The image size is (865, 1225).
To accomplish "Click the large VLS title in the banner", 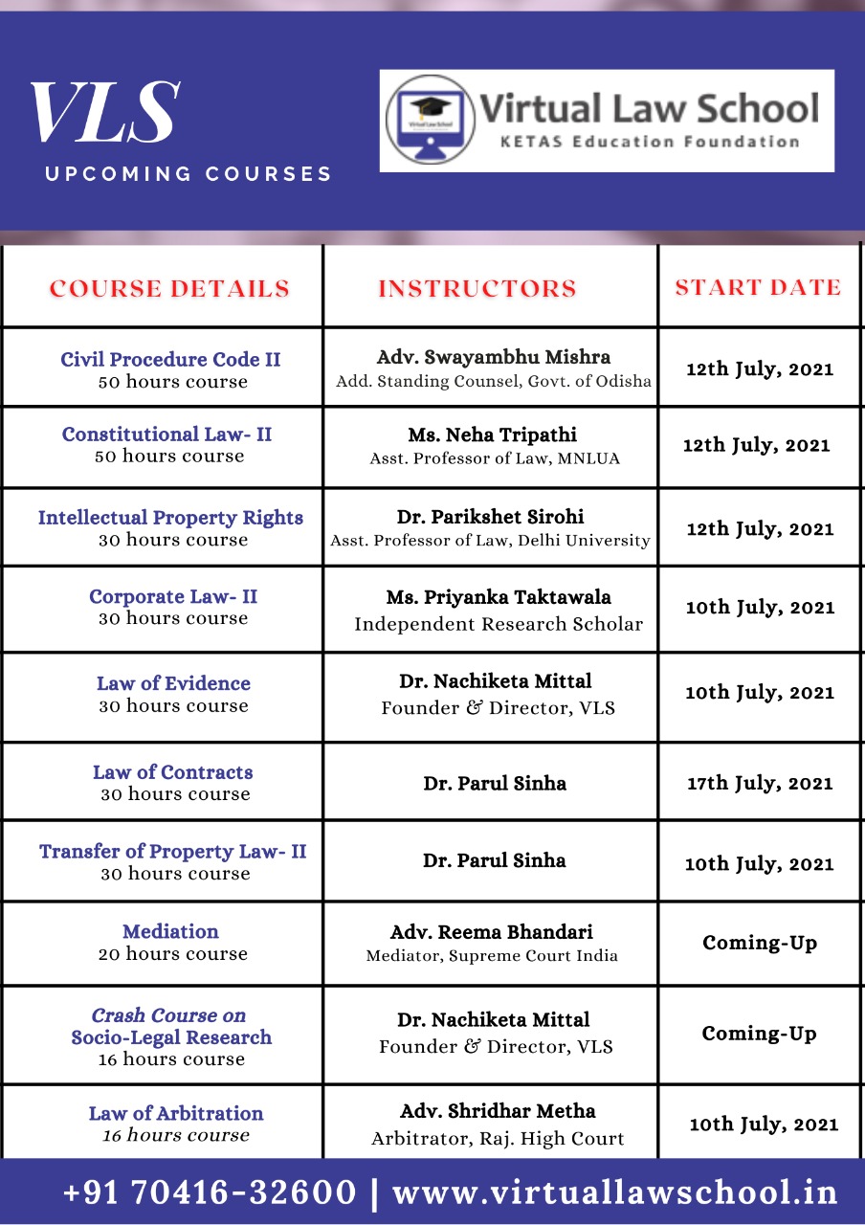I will pos(104,114).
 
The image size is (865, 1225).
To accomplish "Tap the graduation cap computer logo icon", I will pos(430,121).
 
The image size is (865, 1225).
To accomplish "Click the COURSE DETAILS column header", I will pos(169,288).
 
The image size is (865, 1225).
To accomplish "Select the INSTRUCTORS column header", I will pos(477,288).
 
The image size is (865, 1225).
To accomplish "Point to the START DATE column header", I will pos(758,287).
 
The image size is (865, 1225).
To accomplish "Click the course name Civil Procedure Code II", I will pos(170,360).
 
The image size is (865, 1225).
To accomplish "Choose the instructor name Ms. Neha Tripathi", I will pos(493,434).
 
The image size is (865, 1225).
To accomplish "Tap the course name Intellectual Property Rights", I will pos(170,518).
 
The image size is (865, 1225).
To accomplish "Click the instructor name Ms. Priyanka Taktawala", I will pos(499,597).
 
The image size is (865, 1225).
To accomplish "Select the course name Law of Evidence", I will pos(173,683).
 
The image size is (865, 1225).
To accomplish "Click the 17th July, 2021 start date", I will pos(760,783).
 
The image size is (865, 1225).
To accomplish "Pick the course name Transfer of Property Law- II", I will pos(173,852).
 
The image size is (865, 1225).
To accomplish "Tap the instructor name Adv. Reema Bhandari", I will pos(492,932).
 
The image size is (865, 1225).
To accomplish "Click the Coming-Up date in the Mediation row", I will pos(760,943).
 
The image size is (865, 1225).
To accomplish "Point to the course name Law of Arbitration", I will pos(176,1113).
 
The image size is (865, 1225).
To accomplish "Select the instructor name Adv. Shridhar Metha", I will pos(498,1111).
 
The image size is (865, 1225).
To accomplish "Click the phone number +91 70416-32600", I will pos(210,1192).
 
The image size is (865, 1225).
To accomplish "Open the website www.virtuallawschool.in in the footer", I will pos(615,1192).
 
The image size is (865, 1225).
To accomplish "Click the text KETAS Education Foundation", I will pos(650,142).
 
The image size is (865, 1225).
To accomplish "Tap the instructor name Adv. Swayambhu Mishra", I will pos(494,357).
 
